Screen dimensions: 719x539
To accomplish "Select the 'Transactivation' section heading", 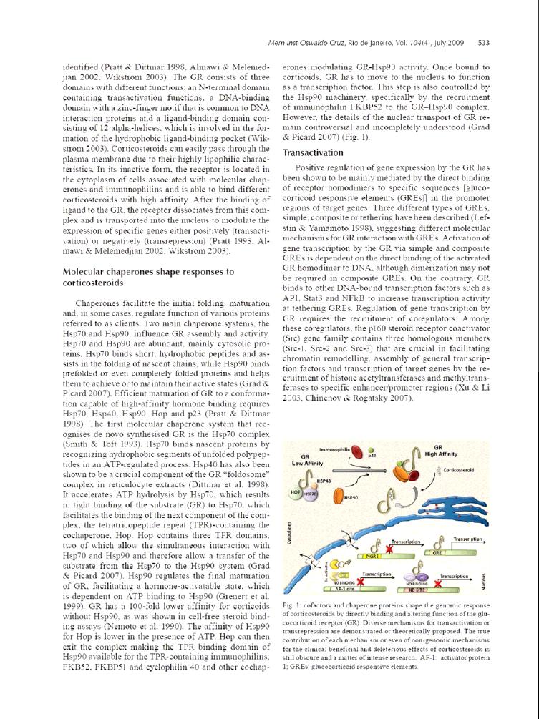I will pos(312,152).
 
